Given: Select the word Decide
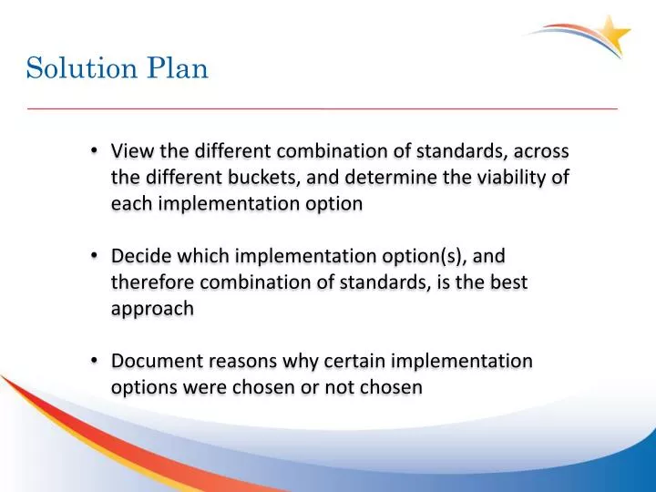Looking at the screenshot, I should (140, 256).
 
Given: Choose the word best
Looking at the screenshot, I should (507, 282).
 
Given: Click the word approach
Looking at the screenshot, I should (152, 309).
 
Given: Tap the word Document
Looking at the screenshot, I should (156, 361).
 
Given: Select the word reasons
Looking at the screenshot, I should (242, 361).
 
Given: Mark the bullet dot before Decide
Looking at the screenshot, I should (96, 256).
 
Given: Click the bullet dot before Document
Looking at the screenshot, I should (96, 361).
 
